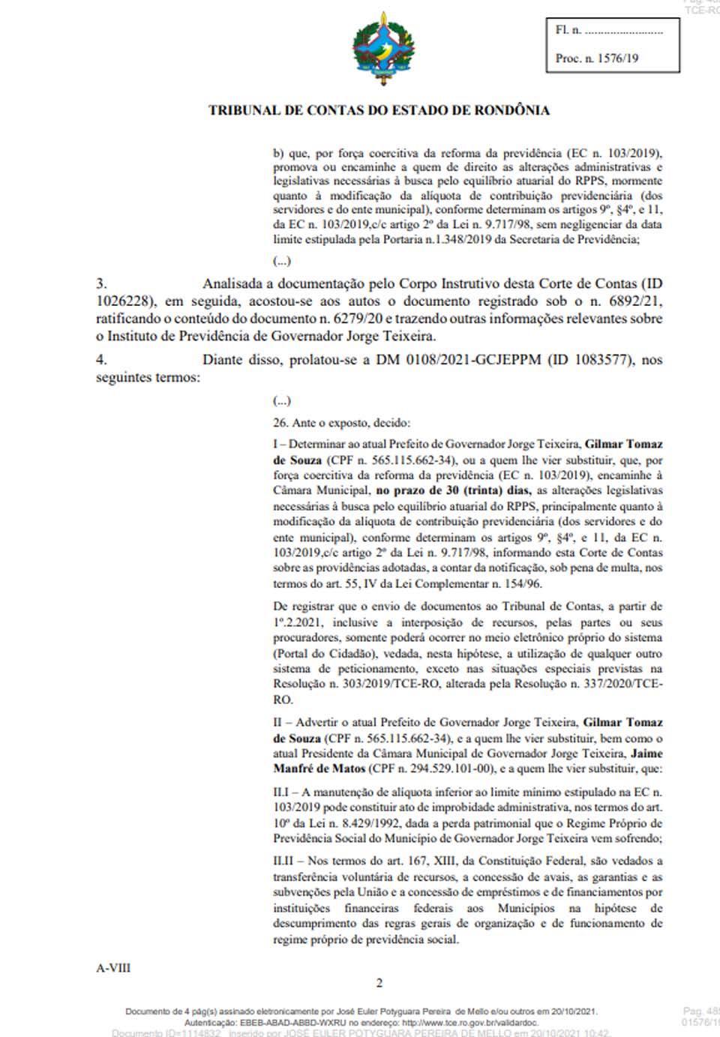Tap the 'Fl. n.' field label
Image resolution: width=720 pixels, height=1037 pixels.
click(568, 31)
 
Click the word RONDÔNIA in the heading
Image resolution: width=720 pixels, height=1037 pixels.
click(511, 110)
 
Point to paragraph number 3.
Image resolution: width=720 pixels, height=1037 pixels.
click(101, 284)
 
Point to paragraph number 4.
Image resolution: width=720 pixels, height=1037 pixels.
click(101, 360)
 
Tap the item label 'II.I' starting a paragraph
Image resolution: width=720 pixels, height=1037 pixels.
click(282, 792)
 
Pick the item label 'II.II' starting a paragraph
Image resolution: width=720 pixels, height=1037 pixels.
click(284, 862)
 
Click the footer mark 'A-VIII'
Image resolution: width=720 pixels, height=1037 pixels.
click(113, 968)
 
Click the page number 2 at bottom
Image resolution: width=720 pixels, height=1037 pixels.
click(379, 984)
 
